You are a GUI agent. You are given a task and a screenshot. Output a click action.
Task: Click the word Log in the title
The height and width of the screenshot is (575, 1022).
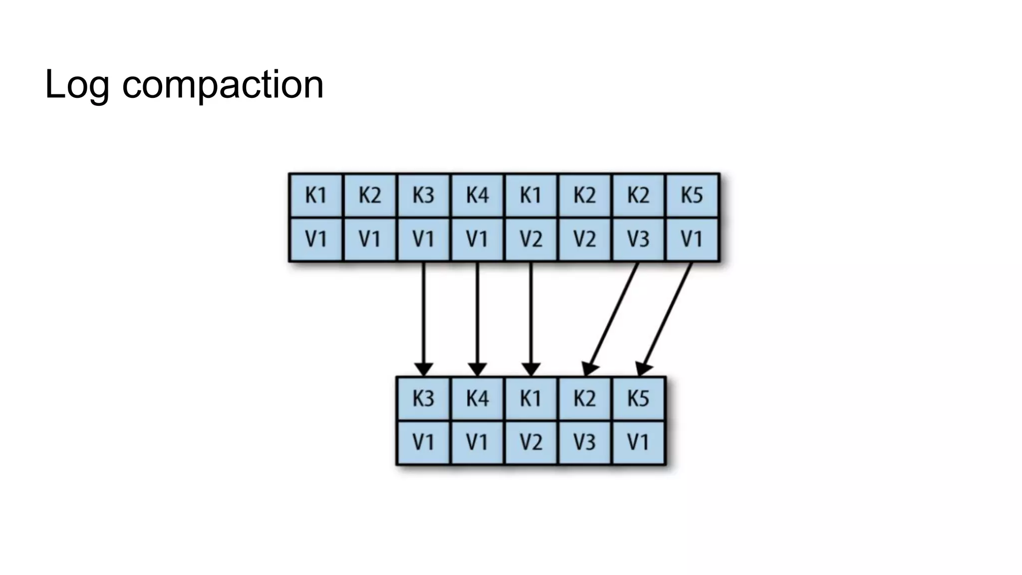pos(76,85)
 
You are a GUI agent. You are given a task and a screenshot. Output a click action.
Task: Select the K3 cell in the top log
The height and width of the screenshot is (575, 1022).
pos(423,195)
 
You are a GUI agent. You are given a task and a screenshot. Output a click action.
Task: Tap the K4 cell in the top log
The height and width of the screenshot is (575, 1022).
pos(477,195)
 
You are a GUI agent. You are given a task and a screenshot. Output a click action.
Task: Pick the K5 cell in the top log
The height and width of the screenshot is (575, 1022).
pos(692,195)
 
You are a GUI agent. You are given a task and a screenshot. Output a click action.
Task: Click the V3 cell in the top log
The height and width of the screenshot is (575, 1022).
pos(638,239)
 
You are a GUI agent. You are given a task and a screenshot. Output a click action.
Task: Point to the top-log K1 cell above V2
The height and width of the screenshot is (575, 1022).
pos(530,195)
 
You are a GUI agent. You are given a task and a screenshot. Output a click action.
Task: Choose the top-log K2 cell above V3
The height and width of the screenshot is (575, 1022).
pos(638,195)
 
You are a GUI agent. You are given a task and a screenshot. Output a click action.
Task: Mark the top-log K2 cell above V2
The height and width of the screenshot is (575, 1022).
pos(584,195)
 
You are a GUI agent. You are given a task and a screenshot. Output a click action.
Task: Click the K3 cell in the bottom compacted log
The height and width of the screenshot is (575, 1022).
pos(423,398)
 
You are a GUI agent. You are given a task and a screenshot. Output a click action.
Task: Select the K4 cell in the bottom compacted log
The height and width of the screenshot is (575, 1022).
pos(477,398)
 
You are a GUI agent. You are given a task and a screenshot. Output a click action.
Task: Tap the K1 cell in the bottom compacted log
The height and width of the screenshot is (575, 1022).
pos(530,398)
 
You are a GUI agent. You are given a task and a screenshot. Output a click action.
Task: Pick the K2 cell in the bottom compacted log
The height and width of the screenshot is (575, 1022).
pos(584,398)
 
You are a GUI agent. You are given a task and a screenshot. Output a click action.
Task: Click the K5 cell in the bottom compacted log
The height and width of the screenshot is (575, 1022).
pos(638,398)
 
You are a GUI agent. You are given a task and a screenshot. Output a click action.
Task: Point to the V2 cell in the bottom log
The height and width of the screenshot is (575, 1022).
pos(530,442)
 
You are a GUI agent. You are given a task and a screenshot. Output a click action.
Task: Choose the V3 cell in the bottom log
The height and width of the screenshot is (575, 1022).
pos(584,442)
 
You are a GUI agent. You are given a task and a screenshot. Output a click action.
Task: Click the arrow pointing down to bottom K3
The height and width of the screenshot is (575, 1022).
pos(424,319)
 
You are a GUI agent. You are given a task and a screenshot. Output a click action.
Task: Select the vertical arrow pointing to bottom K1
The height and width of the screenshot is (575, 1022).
pos(531,319)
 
